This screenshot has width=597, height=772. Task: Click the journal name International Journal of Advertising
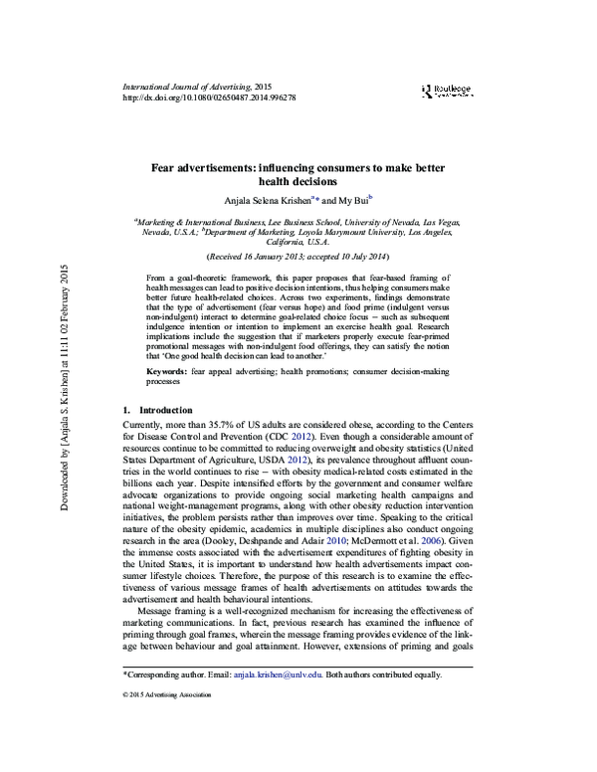pos(185,88)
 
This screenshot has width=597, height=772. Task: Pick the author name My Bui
pos(351,199)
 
